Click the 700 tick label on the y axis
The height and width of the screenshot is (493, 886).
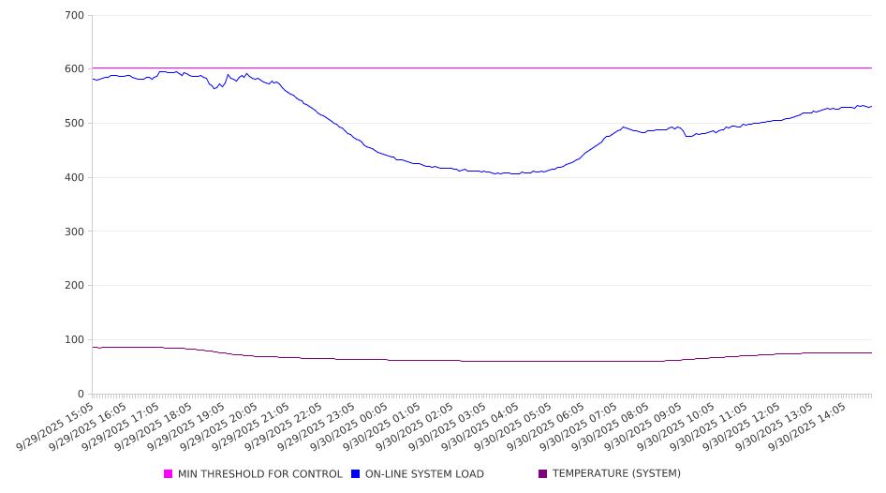tap(75, 16)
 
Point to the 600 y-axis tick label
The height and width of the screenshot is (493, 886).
tap(75, 69)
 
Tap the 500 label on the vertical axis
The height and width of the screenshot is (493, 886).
tap(75, 124)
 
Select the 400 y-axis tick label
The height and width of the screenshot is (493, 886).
tap(75, 178)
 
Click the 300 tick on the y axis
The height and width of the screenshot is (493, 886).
tap(75, 232)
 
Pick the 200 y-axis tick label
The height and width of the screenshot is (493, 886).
tap(75, 286)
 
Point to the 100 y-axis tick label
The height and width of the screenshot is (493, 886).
tap(75, 340)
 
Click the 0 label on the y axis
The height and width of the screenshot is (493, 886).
tap(81, 395)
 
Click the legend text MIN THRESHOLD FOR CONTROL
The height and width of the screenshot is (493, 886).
tap(259, 474)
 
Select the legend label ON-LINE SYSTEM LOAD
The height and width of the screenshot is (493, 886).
tap(423, 474)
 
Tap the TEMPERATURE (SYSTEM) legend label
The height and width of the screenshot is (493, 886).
tap(616, 474)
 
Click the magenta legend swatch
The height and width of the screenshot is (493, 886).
tap(169, 474)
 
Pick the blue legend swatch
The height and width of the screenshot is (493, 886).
tap(356, 474)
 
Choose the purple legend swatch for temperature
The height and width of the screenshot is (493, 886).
tap(543, 474)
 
